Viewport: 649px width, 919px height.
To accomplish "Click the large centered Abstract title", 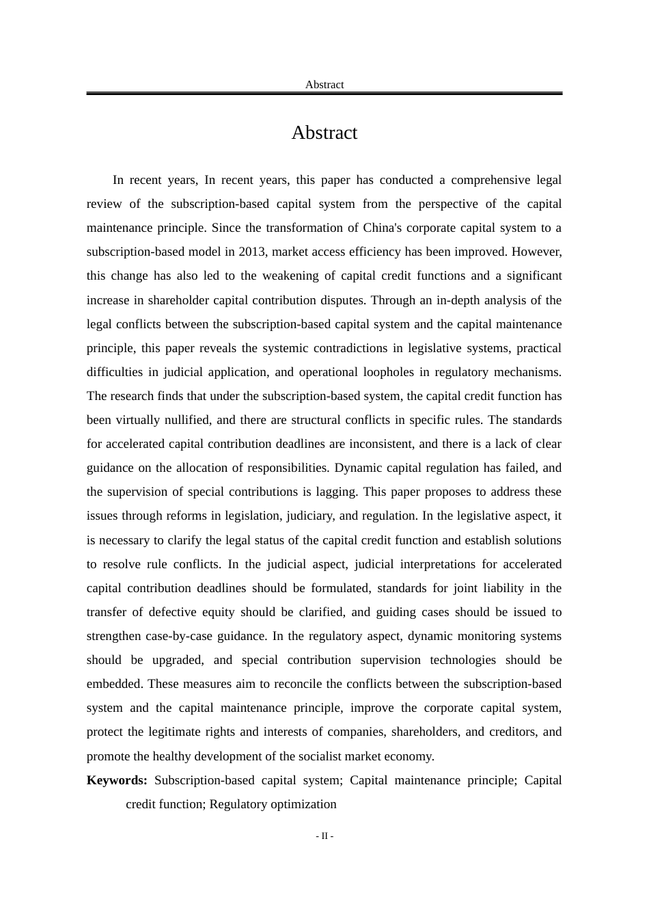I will pos(324,133).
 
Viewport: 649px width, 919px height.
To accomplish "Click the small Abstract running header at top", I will pos(324,85).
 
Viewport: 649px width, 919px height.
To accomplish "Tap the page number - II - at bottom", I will pos(324,836).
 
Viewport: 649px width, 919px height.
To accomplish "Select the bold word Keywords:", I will pos(117,780).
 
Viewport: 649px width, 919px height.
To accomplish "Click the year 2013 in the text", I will pos(252,252).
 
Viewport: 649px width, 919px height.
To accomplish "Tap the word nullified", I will pos(187,420).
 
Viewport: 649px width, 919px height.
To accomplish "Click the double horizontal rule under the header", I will pos(324,93).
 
